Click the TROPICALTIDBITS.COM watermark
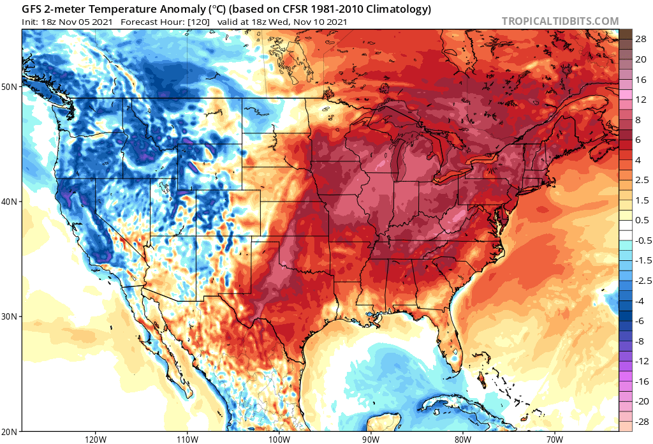tap(560, 21)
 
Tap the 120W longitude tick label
tap(94, 439)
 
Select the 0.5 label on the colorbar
tap(642, 220)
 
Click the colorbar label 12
tap(642, 100)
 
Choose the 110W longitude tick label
tap(186, 439)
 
